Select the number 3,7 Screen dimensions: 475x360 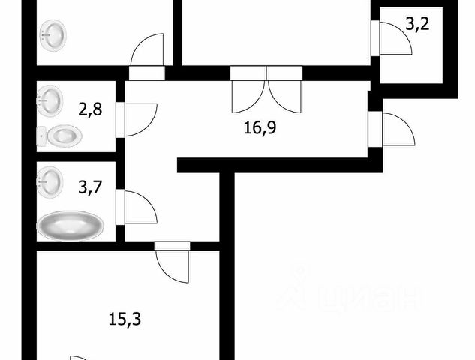coord(89,187)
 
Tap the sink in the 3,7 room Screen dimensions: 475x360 coord(52,180)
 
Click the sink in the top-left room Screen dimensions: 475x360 coord(53,34)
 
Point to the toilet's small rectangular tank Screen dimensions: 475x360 coord(41,137)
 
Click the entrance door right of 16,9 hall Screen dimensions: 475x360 coord(397,129)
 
